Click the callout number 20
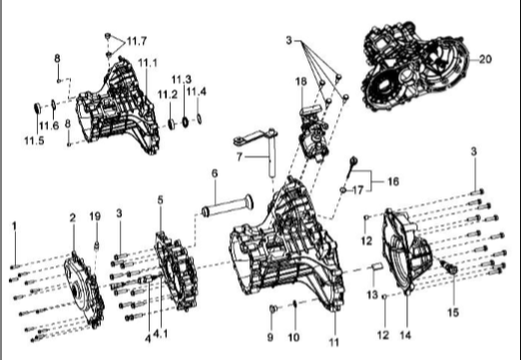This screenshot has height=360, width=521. coord(486,59)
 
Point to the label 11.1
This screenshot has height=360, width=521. coord(148,63)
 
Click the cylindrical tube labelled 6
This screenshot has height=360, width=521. coord(230,210)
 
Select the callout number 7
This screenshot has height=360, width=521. coord(240,156)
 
